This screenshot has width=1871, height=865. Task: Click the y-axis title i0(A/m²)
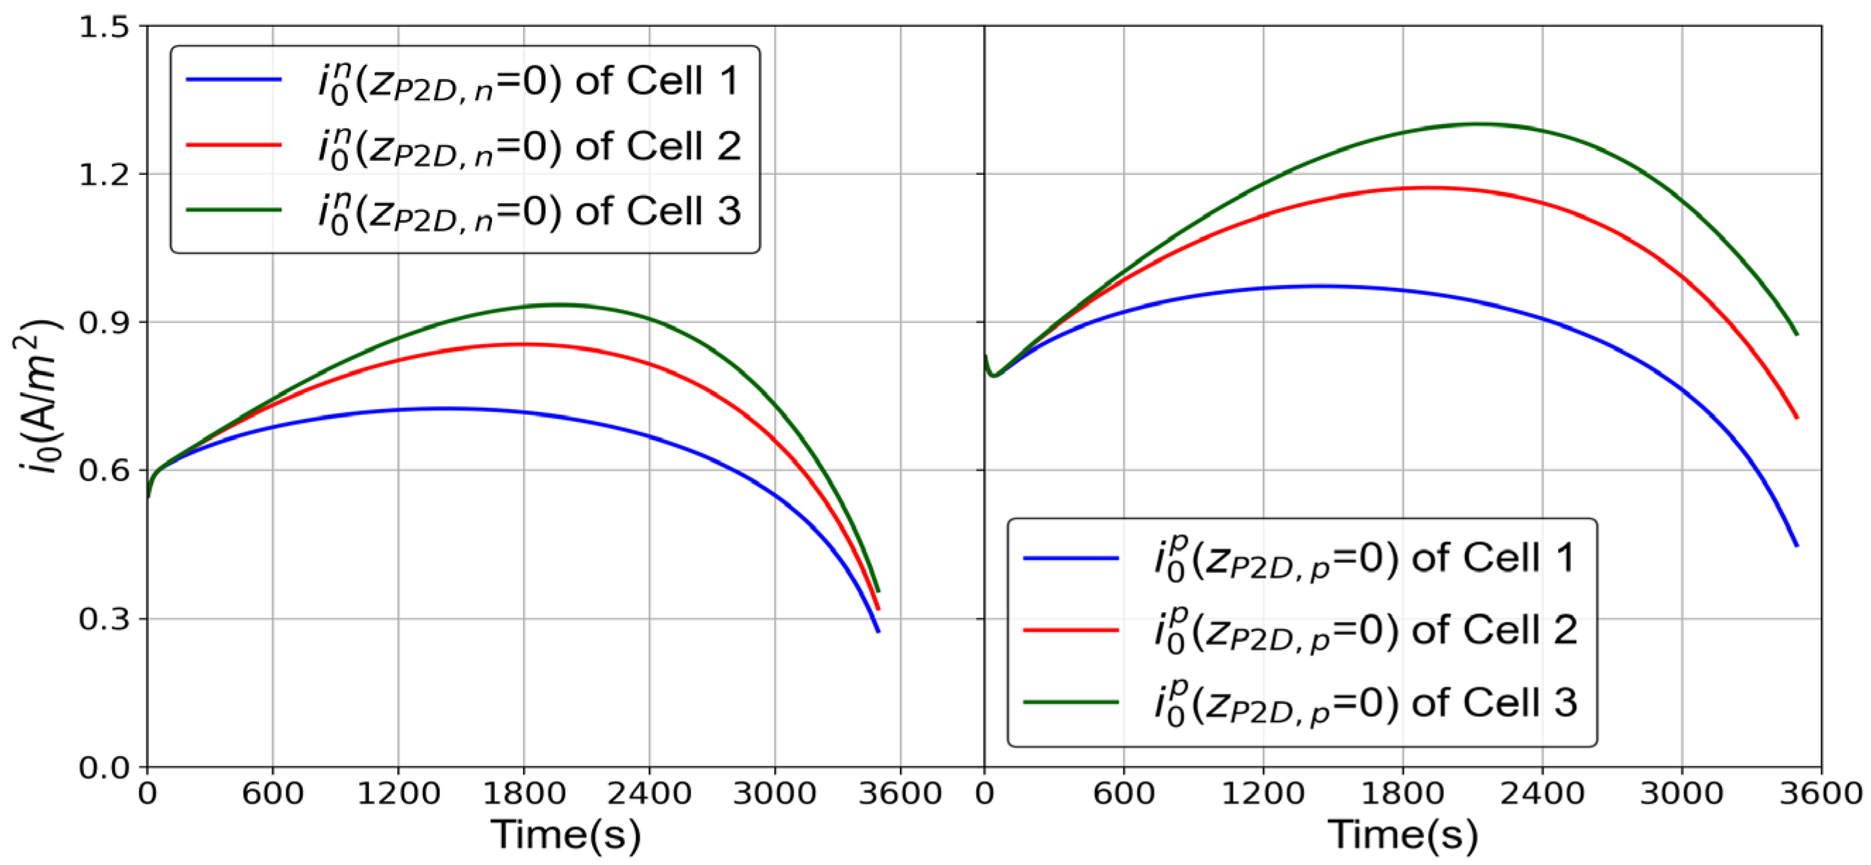(38, 396)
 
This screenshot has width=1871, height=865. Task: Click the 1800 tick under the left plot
(524, 793)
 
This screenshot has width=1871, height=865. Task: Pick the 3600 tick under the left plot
(900, 793)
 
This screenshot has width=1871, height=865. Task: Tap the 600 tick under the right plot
(1124, 793)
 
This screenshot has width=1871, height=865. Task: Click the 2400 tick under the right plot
(1542, 793)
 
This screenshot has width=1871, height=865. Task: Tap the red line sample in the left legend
(233, 145)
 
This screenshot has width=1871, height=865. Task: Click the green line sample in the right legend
(1071, 702)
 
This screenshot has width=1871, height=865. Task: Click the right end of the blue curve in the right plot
(1797, 545)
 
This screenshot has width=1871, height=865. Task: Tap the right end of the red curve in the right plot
(1797, 418)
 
